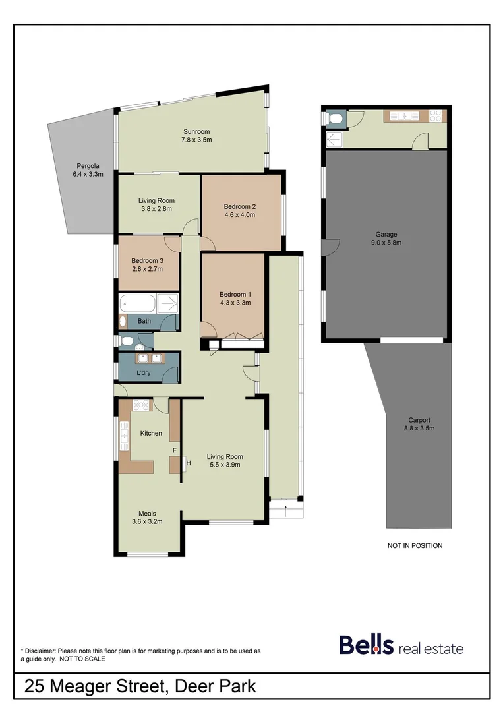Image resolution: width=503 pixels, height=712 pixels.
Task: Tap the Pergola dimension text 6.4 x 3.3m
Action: click(x=88, y=175)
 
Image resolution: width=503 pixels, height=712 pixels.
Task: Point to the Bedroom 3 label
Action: click(x=147, y=260)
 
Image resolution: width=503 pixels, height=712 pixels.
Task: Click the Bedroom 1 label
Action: click(x=235, y=294)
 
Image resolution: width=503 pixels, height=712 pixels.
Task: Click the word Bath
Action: click(x=144, y=322)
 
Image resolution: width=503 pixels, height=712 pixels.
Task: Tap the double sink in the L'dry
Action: click(x=149, y=359)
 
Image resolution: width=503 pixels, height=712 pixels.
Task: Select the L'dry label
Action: click(x=143, y=373)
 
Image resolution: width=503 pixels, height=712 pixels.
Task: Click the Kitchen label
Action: click(x=151, y=433)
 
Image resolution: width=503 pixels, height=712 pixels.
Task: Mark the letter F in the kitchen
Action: click(x=174, y=450)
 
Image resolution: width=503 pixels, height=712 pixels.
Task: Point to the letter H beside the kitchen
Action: click(x=189, y=463)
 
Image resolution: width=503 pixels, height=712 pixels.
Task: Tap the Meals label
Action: click(x=147, y=514)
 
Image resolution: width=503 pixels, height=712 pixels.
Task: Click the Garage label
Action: click(x=386, y=234)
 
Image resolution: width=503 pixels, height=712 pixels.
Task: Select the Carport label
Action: click(x=419, y=420)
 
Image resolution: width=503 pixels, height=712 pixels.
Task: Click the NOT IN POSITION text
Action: click(x=415, y=545)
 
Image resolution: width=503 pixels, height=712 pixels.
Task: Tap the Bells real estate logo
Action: click(x=401, y=645)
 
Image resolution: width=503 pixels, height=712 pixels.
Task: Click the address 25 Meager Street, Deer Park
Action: click(x=140, y=686)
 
